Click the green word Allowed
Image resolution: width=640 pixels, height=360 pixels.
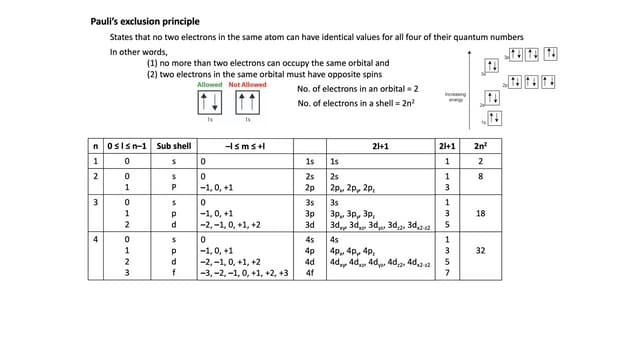click(210, 85)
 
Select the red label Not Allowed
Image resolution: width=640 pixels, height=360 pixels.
click(248, 85)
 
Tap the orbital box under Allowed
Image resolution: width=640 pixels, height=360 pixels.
click(209, 102)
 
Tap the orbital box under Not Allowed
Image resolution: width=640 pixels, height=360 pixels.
click(247, 102)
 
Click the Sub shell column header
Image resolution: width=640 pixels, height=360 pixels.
click(173, 146)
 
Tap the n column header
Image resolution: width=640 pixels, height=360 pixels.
click(96, 146)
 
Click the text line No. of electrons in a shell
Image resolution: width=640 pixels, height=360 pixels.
click(357, 104)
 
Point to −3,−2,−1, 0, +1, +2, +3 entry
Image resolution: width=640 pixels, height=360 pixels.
click(245, 272)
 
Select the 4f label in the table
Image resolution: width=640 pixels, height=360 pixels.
click(310, 272)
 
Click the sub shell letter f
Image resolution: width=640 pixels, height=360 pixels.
click(173, 272)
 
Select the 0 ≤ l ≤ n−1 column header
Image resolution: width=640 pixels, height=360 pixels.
click(126, 146)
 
